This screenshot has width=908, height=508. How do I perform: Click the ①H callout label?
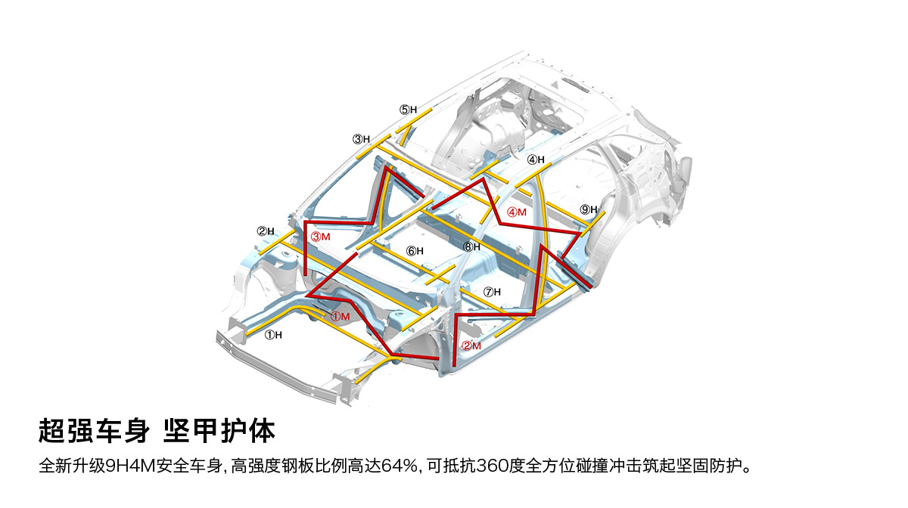273,335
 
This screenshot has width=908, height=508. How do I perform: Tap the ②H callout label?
265,231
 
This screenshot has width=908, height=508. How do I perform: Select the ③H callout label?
361,139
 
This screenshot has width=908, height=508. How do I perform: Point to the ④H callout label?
536,160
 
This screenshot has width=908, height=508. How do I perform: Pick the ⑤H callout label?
409,110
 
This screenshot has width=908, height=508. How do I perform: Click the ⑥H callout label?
415,251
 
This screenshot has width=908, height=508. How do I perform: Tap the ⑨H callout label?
589,209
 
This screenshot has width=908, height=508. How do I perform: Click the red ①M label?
340,316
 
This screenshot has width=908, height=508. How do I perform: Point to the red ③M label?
321,237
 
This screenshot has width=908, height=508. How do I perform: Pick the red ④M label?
517,212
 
